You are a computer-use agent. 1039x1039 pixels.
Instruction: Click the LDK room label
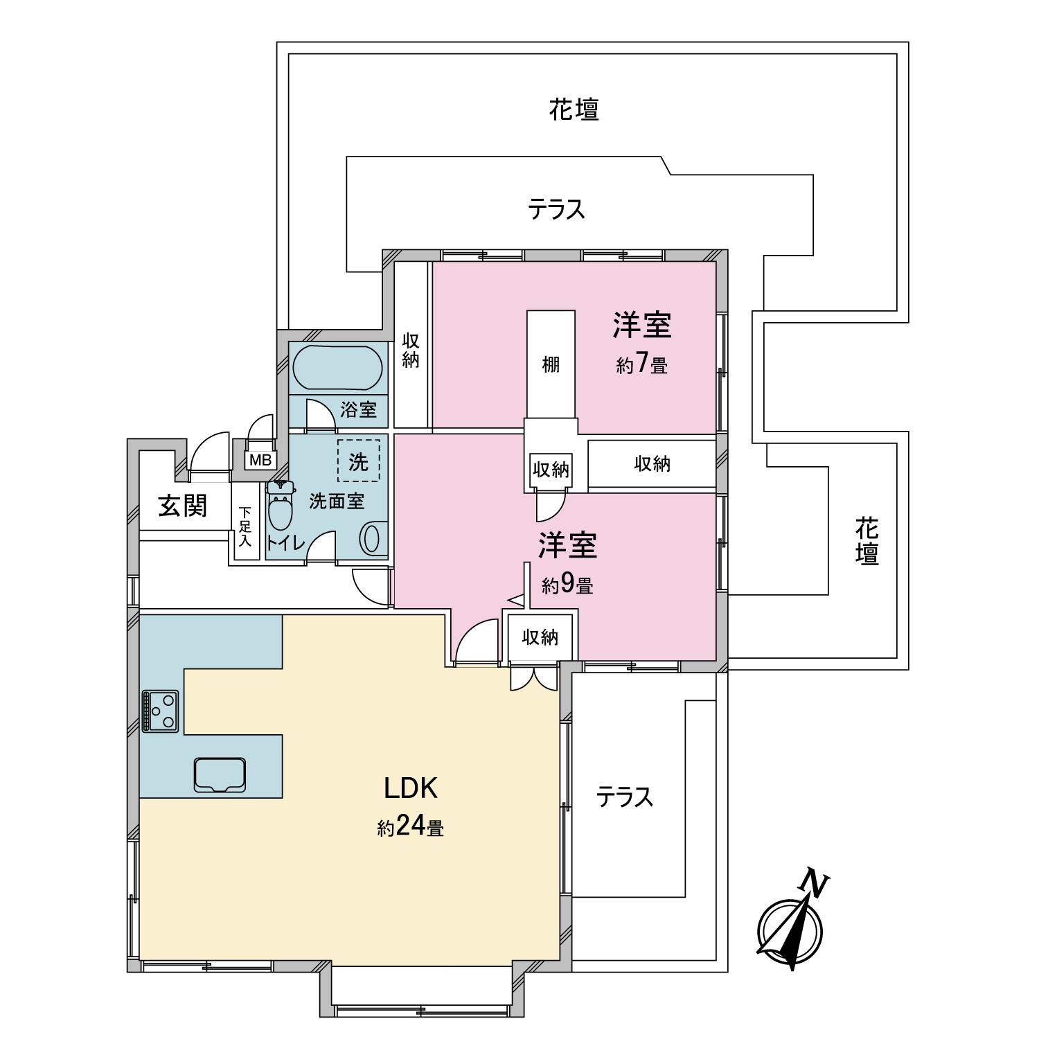coord(411,788)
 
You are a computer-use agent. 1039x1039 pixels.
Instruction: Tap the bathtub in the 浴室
coord(337,369)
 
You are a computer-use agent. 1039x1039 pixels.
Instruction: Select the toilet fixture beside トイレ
coord(280,506)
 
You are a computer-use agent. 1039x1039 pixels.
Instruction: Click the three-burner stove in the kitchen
coord(160,711)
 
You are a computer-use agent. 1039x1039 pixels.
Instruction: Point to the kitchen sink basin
coord(220,774)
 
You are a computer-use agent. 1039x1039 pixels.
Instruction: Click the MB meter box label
coord(260,460)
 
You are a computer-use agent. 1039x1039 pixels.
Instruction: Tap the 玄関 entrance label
coord(183,506)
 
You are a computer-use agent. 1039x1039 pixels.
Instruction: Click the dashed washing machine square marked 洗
coord(358,461)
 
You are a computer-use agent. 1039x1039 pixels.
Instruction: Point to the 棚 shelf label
coord(551,364)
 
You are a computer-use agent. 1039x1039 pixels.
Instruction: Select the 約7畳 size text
coord(642,364)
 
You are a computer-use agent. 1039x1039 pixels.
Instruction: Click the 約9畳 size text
coord(567,585)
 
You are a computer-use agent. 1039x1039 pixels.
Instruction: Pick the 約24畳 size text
coord(411,826)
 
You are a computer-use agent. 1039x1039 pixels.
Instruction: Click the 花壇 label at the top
coord(574,109)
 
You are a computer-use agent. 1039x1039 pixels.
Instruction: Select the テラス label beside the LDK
coord(625,797)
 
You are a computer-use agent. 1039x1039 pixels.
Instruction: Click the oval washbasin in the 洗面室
coord(372,539)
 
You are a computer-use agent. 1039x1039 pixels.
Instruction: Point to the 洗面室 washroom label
coord(337,501)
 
